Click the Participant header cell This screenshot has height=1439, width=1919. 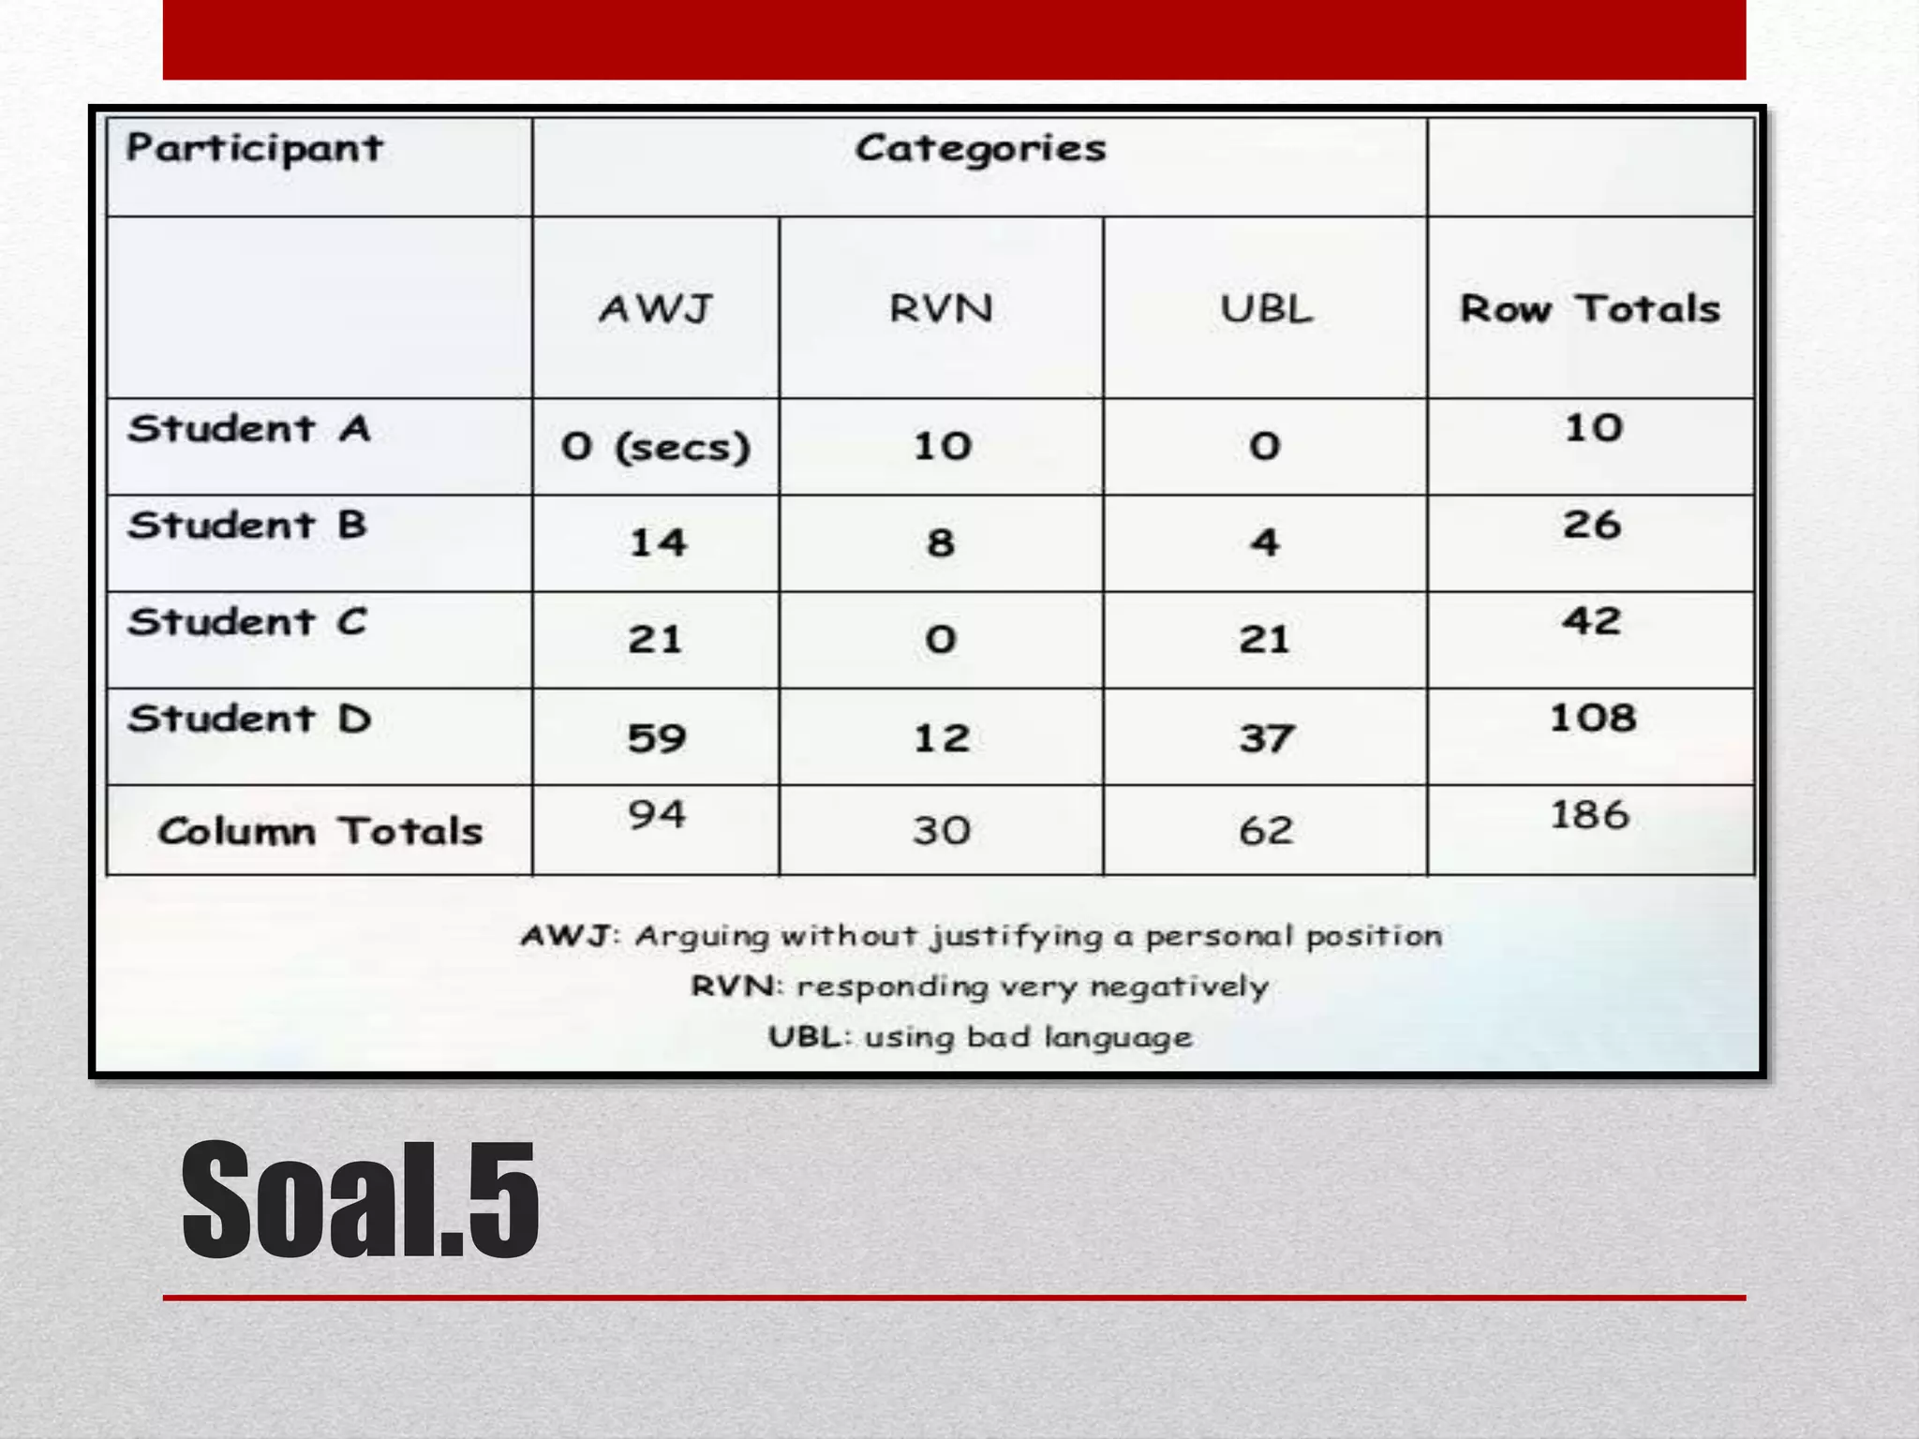point(255,149)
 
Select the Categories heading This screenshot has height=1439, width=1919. point(980,149)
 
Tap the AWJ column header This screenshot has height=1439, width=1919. point(656,309)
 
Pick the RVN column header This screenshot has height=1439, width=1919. point(941,309)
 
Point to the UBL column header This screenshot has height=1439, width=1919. point(1266,309)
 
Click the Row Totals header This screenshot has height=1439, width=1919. point(1590,309)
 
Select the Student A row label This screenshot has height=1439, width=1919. point(249,430)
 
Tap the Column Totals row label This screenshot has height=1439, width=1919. point(320,832)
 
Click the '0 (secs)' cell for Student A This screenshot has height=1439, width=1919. point(656,447)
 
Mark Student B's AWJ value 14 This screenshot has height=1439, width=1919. point(658,543)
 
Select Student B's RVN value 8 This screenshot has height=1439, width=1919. point(941,543)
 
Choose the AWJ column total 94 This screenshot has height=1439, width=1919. point(657,815)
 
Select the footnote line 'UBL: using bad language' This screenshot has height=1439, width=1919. point(980,1038)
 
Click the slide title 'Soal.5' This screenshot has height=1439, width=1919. point(361,1201)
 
